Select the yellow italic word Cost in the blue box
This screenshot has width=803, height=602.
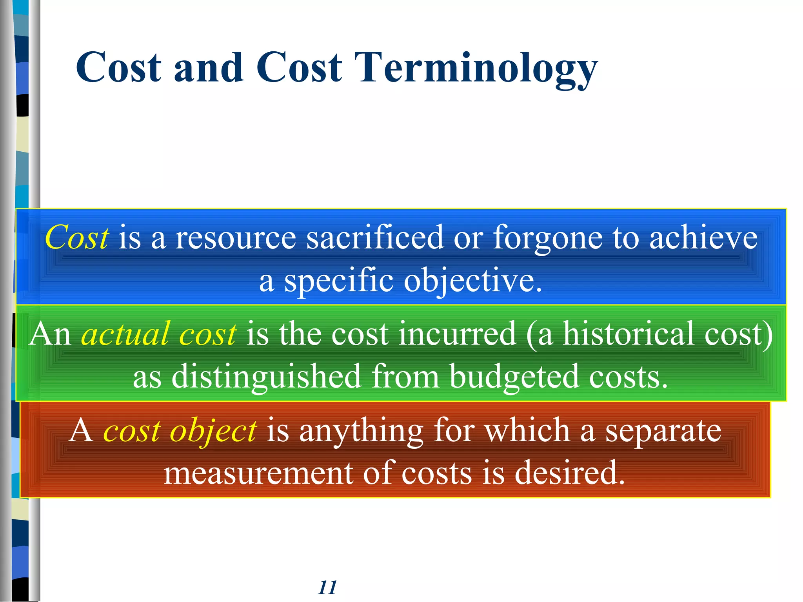[77, 238]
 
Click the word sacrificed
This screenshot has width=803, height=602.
[374, 238]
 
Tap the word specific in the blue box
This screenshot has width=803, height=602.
[338, 281]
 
